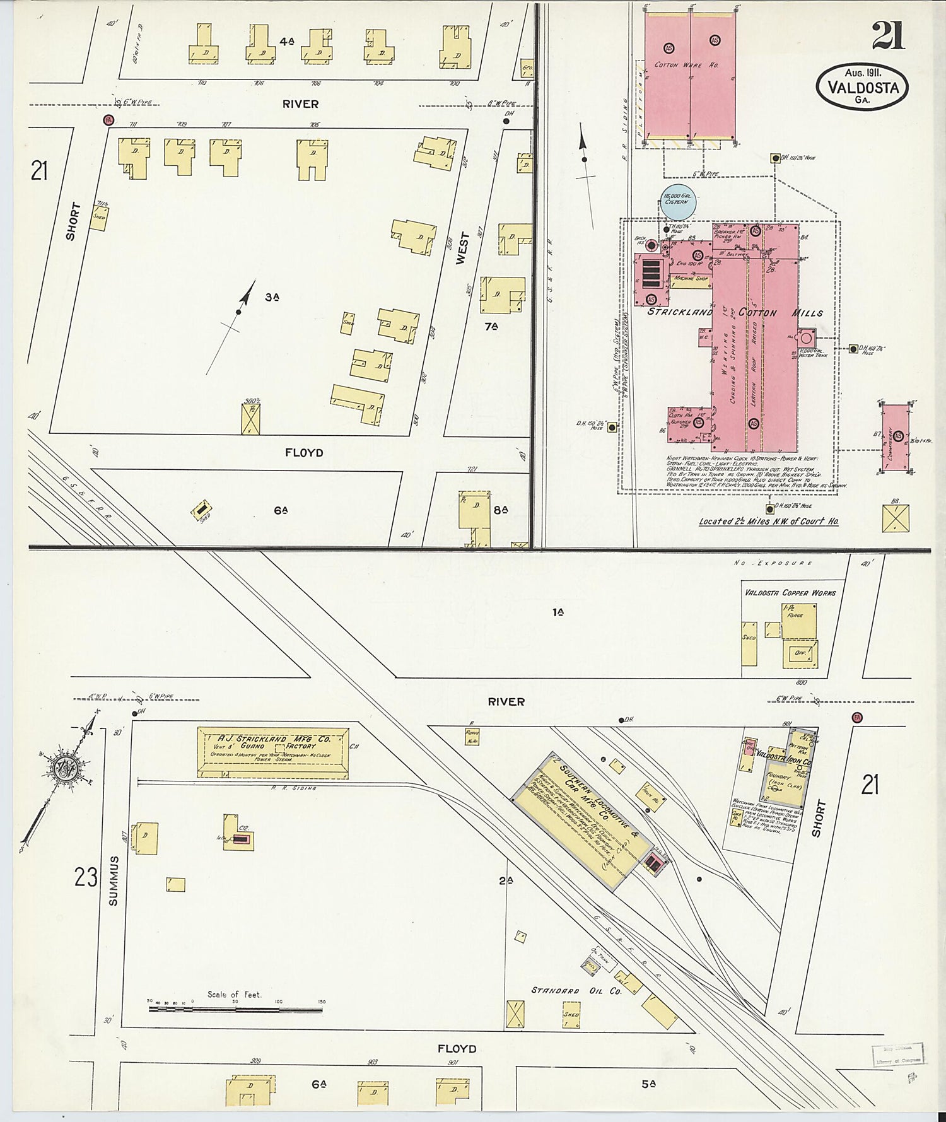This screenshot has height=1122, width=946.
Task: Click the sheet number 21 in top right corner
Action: click(x=889, y=35)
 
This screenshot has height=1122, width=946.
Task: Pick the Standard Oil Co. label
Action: click(x=576, y=991)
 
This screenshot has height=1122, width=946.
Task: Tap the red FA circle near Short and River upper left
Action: click(x=108, y=120)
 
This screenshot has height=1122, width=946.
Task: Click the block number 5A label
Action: click(x=649, y=1084)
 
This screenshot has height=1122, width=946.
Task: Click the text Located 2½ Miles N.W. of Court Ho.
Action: click(x=768, y=522)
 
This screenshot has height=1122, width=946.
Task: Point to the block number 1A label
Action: click(x=558, y=612)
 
